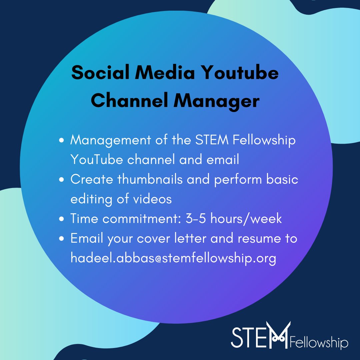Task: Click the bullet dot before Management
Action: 61,141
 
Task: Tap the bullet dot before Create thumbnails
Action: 61,180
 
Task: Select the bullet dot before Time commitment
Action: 61,219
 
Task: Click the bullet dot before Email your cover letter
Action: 61,239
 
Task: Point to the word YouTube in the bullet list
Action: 97,160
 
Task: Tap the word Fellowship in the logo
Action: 319,343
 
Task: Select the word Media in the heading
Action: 168,73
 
